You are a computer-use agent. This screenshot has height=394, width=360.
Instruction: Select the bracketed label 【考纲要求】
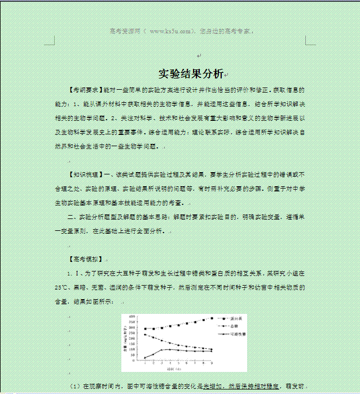(83, 90)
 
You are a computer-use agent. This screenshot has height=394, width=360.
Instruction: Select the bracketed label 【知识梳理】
(85, 174)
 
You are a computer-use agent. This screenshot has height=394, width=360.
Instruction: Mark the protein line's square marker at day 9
(212, 318)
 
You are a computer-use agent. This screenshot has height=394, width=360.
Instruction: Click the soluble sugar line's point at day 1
(145, 357)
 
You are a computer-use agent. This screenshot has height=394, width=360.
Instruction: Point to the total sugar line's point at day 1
(145, 335)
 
